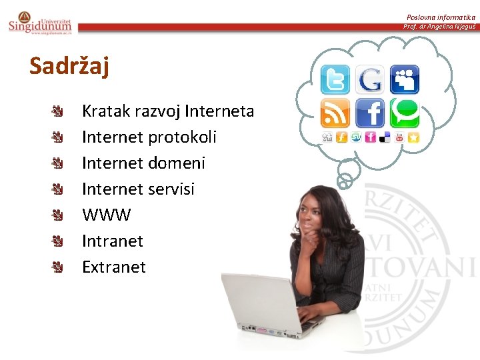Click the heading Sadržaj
point(69,67)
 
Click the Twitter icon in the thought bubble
point(335,80)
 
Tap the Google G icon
point(370,80)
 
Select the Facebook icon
point(370,113)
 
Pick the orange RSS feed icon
point(335,113)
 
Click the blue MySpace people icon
point(404,80)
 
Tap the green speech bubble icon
point(404,113)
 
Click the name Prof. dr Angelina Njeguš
point(439,27)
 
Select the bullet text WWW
point(106,215)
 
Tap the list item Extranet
point(113,267)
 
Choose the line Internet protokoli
point(149,137)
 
